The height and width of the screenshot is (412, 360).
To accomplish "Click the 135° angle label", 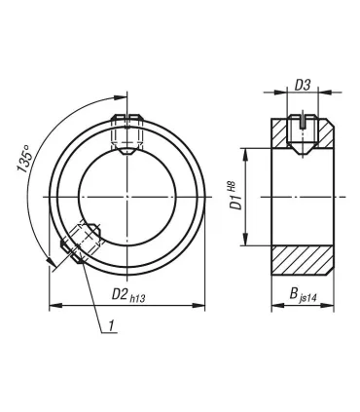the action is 24,159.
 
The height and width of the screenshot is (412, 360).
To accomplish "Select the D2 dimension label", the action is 119,294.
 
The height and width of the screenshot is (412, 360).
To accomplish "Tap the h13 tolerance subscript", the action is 137,299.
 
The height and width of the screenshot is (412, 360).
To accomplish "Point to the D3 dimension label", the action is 303,85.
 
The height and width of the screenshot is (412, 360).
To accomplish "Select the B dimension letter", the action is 294,294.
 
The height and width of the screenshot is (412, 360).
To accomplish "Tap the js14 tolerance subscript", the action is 308,298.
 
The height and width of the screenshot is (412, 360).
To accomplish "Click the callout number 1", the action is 111,325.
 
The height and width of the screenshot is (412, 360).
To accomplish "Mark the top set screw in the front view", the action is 127,134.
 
